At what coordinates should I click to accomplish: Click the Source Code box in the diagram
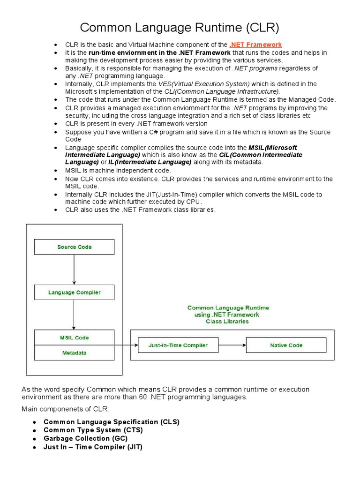[74, 247]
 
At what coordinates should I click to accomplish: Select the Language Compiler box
[74, 292]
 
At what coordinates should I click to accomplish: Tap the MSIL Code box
[74, 337]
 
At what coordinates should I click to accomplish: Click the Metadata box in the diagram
[74, 352]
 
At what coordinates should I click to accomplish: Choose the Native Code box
[286, 345]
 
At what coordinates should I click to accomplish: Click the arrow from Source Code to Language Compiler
[74, 270]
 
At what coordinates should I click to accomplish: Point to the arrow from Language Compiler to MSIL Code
[74, 315]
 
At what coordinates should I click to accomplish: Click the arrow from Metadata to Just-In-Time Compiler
[126, 345]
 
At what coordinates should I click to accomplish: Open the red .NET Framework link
[255, 45]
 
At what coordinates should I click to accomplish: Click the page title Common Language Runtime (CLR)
[180, 28]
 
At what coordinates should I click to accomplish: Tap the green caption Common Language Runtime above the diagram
[228, 308]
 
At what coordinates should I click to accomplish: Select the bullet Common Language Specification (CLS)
[111, 422]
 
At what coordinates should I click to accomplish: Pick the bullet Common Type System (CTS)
[93, 430]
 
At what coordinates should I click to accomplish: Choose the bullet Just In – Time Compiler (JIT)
[93, 447]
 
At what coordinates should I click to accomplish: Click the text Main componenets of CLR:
[65, 409]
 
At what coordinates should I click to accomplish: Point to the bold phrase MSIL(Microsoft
[273, 147]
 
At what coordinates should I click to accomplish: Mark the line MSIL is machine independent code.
[118, 170]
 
